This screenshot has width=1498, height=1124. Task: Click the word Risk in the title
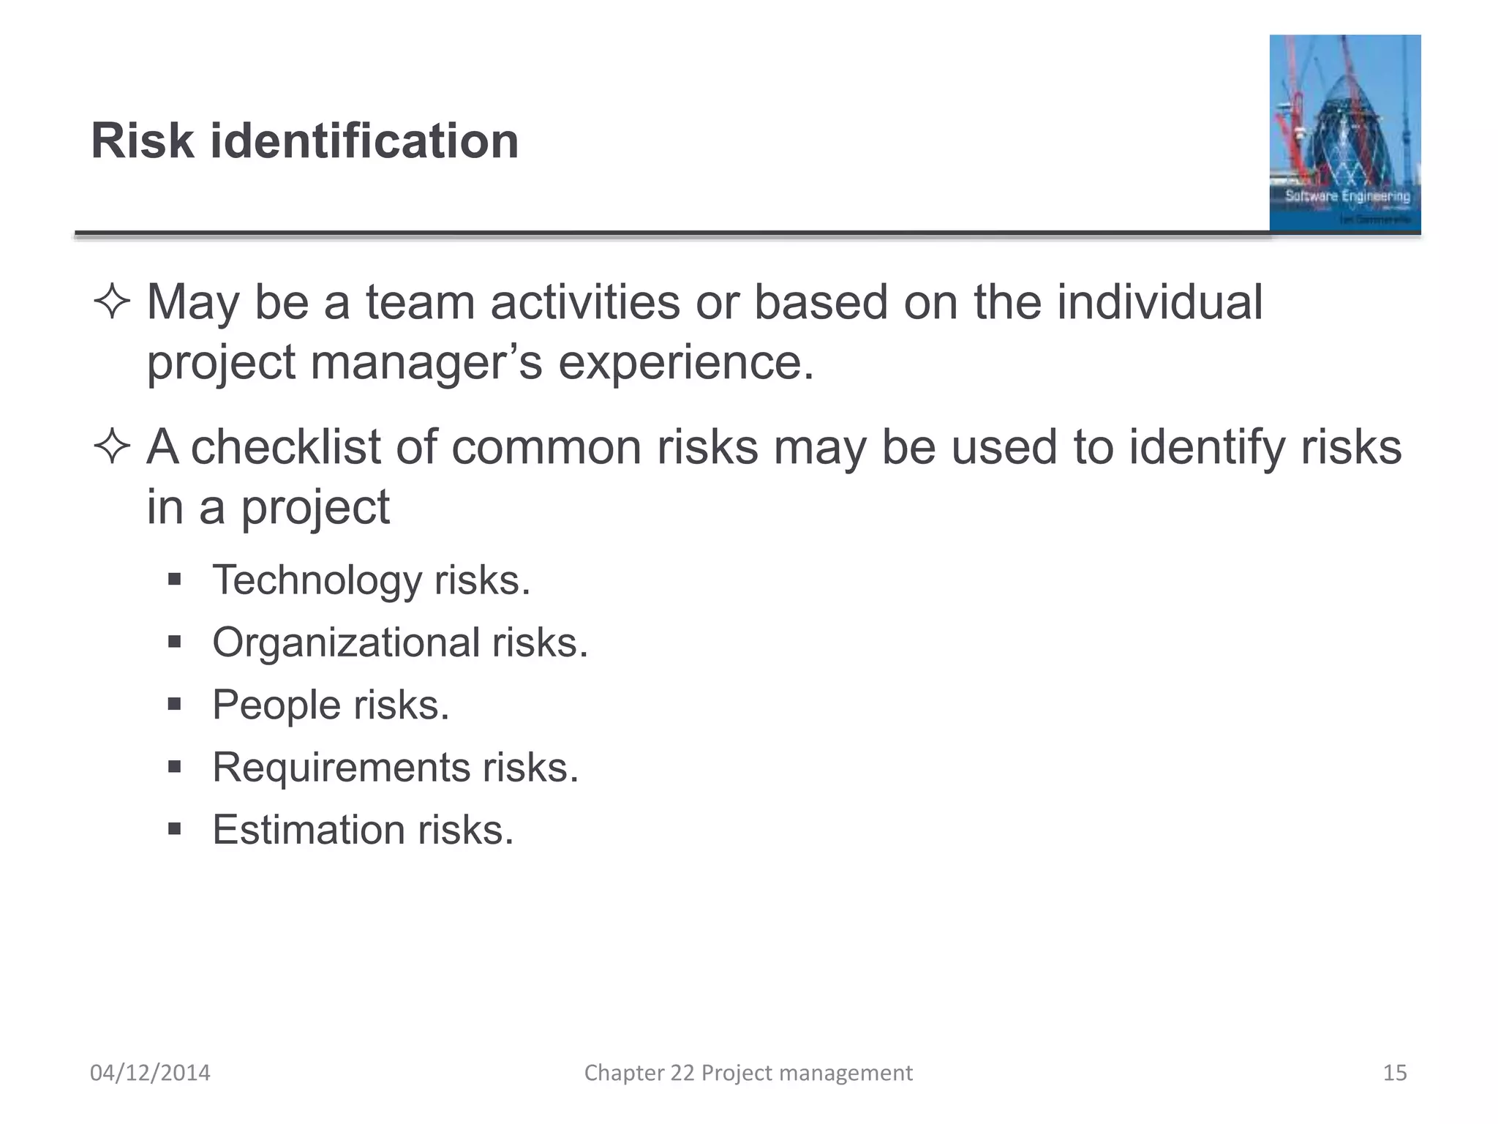[143, 140]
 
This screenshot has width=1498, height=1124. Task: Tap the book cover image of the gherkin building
[1344, 133]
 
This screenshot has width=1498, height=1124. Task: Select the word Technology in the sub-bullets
[317, 580]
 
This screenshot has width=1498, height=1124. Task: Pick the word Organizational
[346, 642]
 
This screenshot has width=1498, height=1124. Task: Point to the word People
[276, 705]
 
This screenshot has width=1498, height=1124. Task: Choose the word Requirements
[341, 768]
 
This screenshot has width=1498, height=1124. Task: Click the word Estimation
[309, 830]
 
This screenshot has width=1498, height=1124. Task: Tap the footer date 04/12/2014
[150, 1073]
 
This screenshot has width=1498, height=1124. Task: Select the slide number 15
[1395, 1073]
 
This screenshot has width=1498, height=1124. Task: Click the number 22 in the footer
[682, 1073]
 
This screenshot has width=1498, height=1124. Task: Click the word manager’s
[426, 362]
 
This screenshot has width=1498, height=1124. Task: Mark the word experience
[685, 362]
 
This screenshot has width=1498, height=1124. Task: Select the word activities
[585, 302]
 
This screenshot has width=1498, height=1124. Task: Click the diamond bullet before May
[112, 302]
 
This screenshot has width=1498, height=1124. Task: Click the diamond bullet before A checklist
[112, 447]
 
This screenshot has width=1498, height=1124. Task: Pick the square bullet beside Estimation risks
[174, 829]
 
